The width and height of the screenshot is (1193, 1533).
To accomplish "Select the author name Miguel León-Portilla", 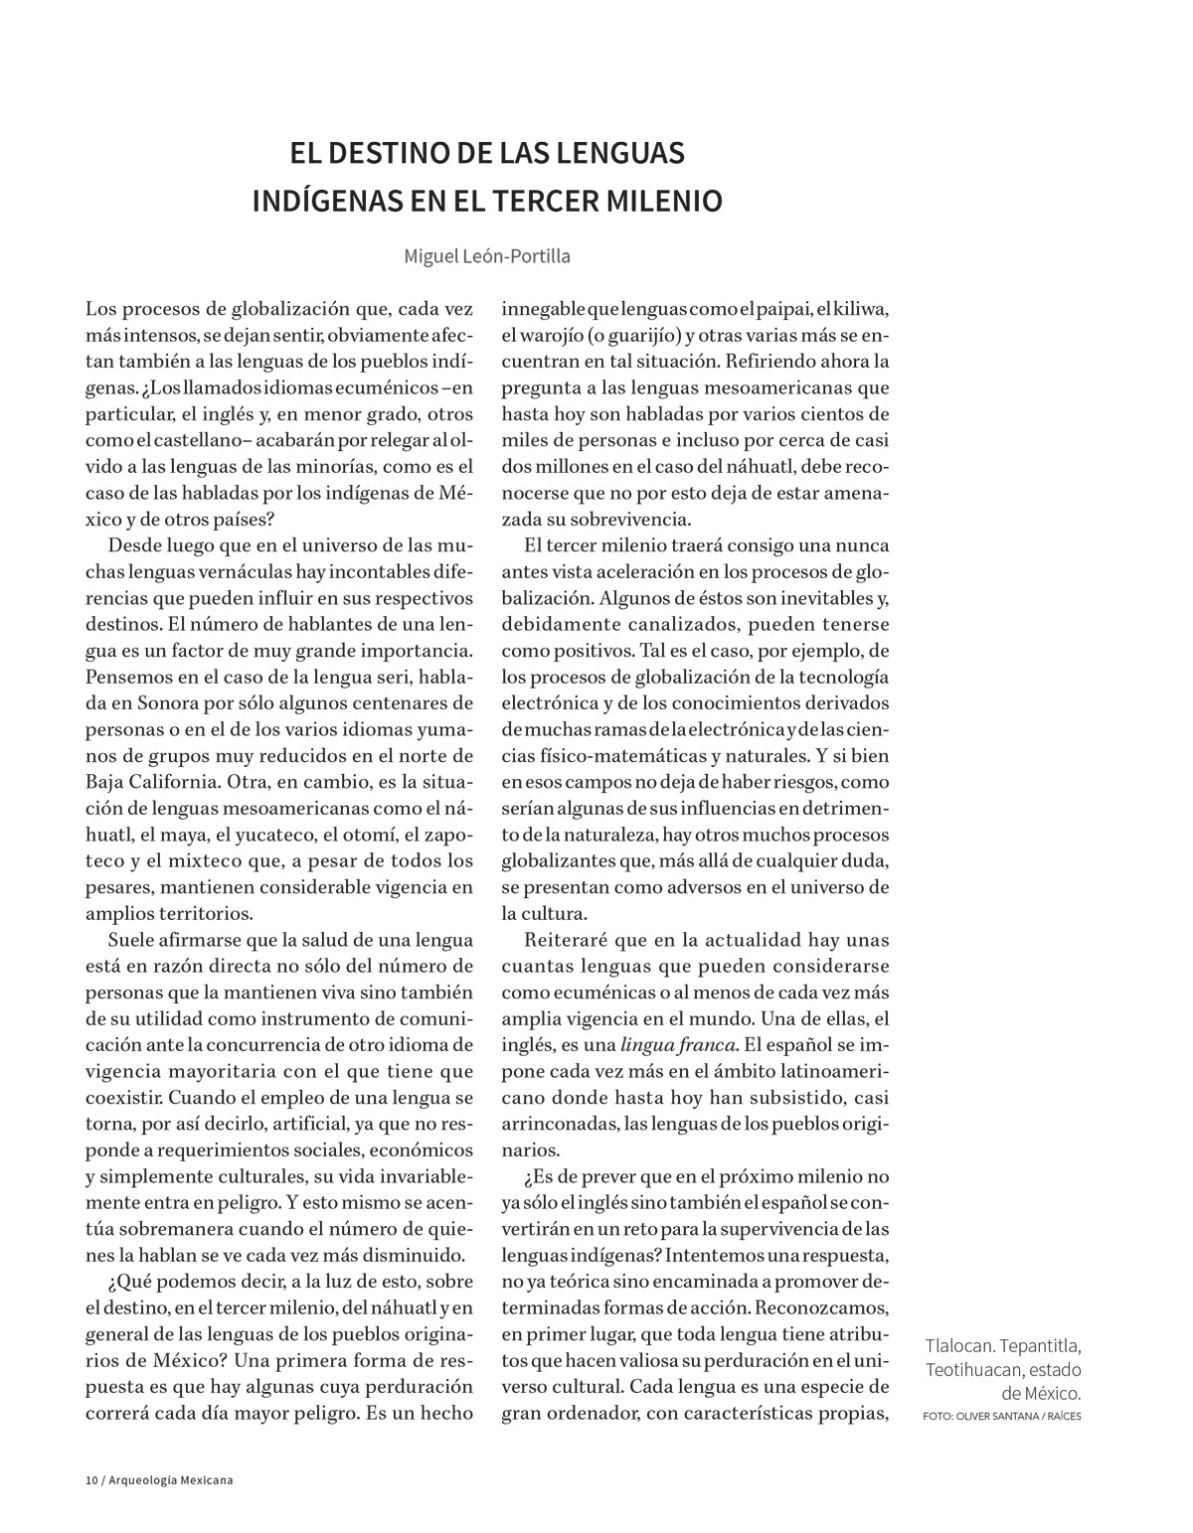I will tap(486, 255).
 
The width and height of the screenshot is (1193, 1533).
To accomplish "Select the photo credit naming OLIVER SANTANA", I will tap(1001, 1416).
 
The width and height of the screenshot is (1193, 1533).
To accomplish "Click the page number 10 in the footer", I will tap(90, 1481).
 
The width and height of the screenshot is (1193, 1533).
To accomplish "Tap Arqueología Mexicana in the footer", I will tap(168, 1481).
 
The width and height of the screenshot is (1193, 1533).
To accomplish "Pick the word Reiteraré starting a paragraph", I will tap(566, 940).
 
